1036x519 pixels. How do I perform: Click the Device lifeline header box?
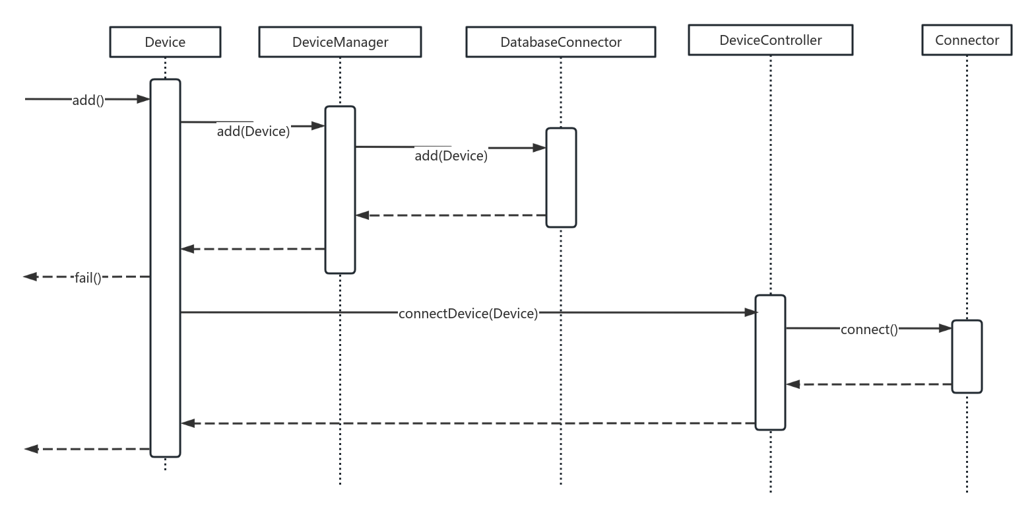pos(165,42)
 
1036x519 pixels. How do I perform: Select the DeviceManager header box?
pos(340,42)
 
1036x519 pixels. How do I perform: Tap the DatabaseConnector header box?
pos(561,42)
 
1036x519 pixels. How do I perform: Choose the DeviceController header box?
pos(770,40)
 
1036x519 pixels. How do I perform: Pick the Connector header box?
pos(967,40)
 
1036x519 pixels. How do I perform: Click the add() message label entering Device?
pos(88,100)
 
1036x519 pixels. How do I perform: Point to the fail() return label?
pos(88,278)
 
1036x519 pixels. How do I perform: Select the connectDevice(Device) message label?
pos(468,314)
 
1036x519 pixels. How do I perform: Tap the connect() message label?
pos(869,329)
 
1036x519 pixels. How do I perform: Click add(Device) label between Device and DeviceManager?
pos(253,131)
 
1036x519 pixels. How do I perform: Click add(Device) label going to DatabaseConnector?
pos(451,156)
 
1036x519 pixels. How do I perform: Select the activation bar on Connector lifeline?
pos(967,357)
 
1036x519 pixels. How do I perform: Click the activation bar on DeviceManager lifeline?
pos(340,190)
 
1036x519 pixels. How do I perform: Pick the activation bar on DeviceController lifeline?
pos(770,363)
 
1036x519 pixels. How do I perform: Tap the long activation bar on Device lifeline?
pos(165,267)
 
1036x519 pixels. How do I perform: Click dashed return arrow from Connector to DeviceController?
pos(868,384)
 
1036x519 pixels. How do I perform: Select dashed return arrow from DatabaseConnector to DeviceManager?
pos(451,215)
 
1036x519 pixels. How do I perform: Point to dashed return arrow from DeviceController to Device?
pos(468,423)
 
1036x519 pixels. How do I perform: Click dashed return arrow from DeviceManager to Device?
pos(253,249)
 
